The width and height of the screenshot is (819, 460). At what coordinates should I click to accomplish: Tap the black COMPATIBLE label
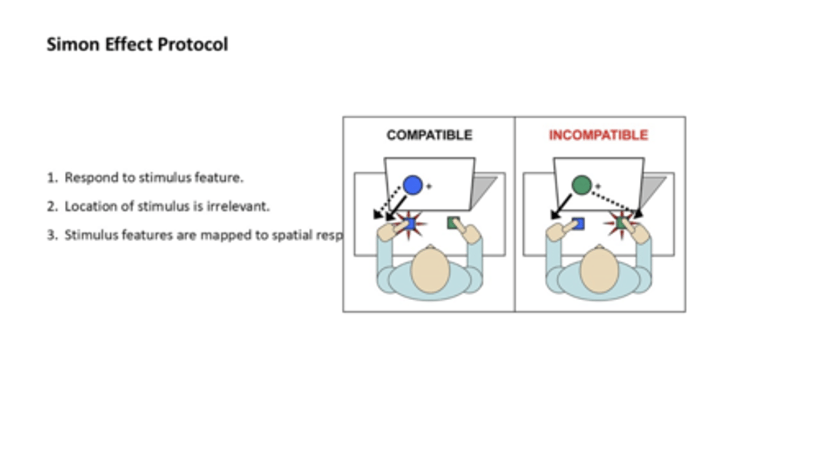pyautogui.click(x=429, y=135)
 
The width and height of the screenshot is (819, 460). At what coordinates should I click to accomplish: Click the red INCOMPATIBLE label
pyautogui.click(x=598, y=135)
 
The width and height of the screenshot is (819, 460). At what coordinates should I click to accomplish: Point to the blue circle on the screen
pyautogui.click(x=412, y=185)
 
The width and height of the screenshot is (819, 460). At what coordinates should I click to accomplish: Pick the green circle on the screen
pyautogui.click(x=581, y=185)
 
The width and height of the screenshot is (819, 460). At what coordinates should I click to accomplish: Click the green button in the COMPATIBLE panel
pyautogui.click(x=453, y=222)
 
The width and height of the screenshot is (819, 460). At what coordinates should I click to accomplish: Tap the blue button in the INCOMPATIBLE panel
pyautogui.click(x=578, y=223)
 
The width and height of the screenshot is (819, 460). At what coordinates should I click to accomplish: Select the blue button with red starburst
pyautogui.click(x=409, y=223)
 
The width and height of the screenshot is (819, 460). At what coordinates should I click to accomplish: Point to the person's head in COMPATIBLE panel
pyautogui.click(x=430, y=271)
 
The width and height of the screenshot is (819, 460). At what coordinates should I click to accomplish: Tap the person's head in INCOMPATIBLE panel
pyautogui.click(x=599, y=271)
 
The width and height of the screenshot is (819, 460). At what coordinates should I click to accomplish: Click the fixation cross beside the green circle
pyautogui.click(x=598, y=186)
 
